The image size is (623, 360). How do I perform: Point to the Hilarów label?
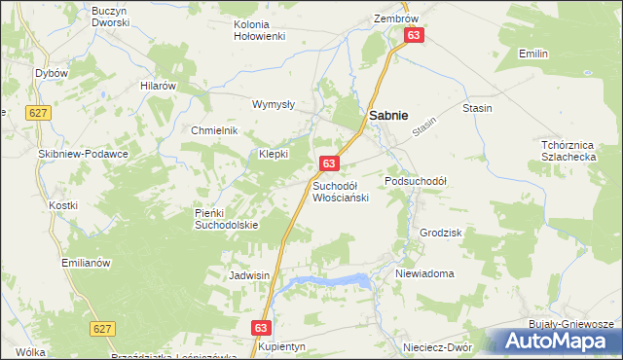point(158,86)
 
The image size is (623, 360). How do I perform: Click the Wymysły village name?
point(274,104)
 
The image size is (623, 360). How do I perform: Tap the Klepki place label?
point(275,154)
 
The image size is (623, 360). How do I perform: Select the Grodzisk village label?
point(440,234)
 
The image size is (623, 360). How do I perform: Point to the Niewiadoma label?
point(424,273)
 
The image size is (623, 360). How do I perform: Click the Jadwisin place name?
point(248,275)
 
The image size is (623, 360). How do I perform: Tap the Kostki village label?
point(62,206)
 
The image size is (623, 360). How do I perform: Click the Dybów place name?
point(50,73)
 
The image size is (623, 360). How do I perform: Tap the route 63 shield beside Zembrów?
point(415,35)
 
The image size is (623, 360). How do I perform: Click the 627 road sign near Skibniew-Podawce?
point(39,113)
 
